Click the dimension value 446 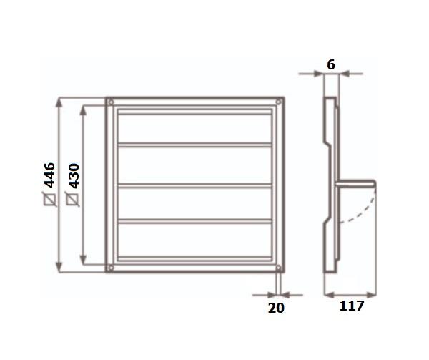pos(50,175)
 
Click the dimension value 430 pos(74,176)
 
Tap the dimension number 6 pos(331,65)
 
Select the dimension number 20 pos(276,308)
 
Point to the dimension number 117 pos(352,306)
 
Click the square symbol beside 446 pos(50,199)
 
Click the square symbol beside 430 pos(74,199)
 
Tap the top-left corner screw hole pos(111,102)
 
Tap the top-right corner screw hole pos(278,102)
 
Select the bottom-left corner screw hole pos(111,268)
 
